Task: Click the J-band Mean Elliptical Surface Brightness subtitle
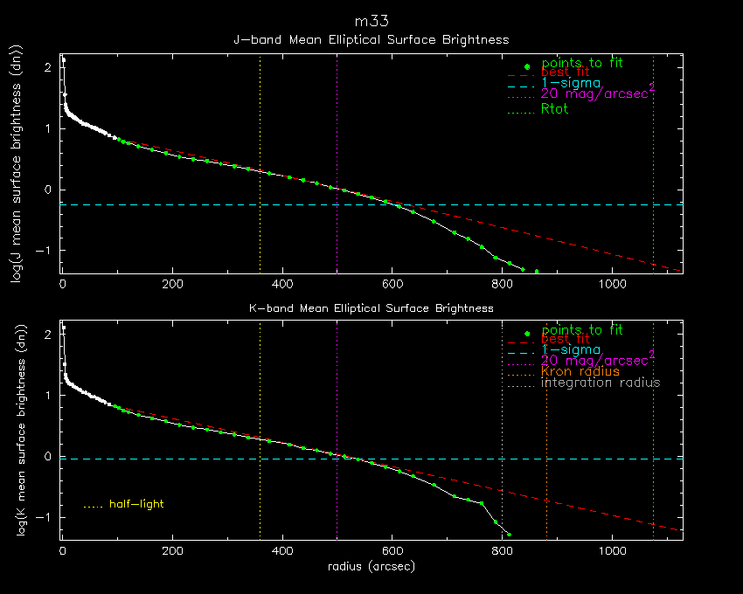pyautogui.click(x=371, y=39)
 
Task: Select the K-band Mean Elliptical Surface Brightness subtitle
pyautogui.click(x=371, y=308)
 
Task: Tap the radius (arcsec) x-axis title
pyautogui.click(x=371, y=566)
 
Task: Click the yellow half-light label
pyautogui.click(x=136, y=504)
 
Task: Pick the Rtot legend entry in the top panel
pyautogui.click(x=556, y=109)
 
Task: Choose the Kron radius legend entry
pyautogui.click(x=580, y=371)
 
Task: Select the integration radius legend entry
pyautogui.click(x=601, y=383)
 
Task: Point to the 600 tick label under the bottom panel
pyautogui.click(x=392, y=552)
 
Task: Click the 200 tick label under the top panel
pyautogui.click(x=172, y=285)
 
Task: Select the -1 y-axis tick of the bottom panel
pyautogui.click(x=47, y=517)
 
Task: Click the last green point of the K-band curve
pyautogui.click(x=509, y=534)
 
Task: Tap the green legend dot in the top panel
pyautogui.click(x=527, y=66)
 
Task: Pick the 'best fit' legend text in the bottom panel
pyautogui.click(x=565, y=340)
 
